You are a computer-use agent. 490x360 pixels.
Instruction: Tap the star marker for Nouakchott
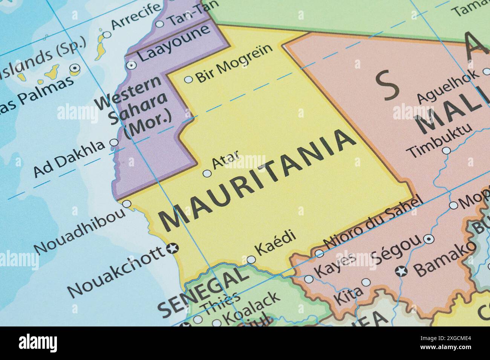tap(173, 249)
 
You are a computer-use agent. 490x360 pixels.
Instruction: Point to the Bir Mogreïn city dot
tap(188, 79)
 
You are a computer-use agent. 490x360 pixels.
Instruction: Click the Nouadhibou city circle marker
tap(127, 204)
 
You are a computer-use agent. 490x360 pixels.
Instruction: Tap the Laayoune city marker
tap(132, 65)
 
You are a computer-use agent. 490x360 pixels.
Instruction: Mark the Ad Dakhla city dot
tap(113, 143)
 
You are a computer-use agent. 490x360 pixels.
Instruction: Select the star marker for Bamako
tap(401, 270)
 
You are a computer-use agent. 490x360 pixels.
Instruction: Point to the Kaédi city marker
tap(251, 259)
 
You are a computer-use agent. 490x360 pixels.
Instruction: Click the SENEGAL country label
tap(204, 290)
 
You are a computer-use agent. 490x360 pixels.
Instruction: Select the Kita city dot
tap(366, 282)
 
